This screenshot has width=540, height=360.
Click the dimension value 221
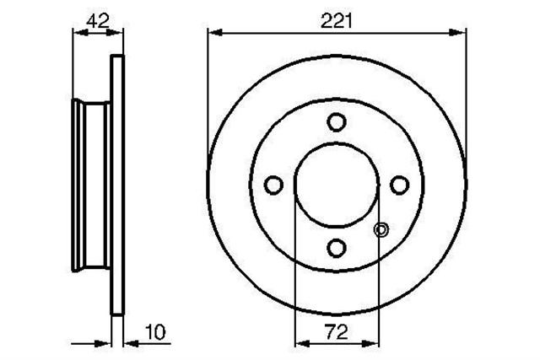tap(337, 21)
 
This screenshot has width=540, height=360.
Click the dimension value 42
tap(98, 20)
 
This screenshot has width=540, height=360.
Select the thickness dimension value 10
tap(155, 332)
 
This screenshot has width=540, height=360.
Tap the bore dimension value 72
tap(337, 332)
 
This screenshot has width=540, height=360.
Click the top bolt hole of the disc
tap(337, 122)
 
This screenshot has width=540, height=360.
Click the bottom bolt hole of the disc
tap(337, 248)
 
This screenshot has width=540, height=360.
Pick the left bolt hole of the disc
tap(273, 185)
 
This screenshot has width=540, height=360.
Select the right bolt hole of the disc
tap(399, 185)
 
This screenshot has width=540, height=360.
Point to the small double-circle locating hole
tap(381, 230)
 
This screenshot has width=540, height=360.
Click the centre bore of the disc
tap(337, 185)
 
